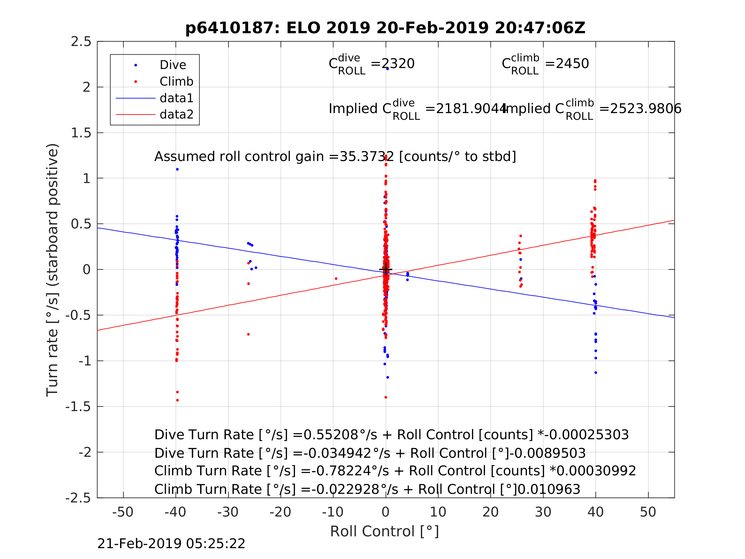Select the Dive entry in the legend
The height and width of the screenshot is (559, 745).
pos(173,65)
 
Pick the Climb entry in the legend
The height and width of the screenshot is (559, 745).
pos(176,81)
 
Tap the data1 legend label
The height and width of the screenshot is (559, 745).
pos(177,98)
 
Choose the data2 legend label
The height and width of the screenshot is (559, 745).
pos(177,115)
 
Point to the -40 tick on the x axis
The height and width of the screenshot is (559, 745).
pos(175,512)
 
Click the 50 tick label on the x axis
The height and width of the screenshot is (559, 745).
pos(648,512)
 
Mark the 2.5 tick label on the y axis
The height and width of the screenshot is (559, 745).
pos(81,42)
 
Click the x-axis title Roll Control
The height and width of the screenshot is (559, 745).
pos(384,532)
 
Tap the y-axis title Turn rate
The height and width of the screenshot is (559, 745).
pos(52,270)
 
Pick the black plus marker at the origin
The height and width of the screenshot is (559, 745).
pos(386,270)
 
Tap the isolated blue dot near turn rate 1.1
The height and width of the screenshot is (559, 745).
pos(177,170)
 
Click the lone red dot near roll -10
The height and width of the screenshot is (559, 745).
pos(336,279)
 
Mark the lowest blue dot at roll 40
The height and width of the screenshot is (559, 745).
pos(596,373)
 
